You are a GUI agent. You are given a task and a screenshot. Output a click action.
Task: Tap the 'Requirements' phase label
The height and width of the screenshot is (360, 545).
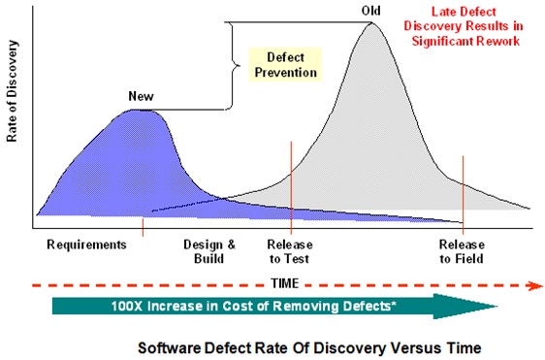[86, 245]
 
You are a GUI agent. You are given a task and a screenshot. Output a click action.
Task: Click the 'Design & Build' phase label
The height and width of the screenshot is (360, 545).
[203, 252]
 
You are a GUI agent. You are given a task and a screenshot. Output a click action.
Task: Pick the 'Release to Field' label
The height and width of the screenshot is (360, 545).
[462, 252]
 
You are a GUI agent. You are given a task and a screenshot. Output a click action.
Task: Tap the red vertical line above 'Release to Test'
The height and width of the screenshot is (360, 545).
[291, 184]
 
